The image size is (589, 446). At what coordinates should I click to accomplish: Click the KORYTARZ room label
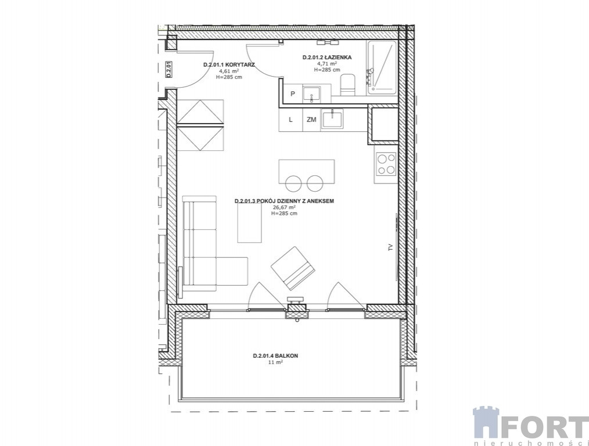point(229,64)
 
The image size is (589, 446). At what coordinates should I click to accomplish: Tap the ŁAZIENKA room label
point(327,57)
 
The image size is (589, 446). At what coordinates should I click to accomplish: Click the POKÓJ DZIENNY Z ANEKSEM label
point(284,201)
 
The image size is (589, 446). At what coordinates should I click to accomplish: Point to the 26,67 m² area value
point(284,207)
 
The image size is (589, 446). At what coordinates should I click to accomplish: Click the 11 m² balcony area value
point(275,362)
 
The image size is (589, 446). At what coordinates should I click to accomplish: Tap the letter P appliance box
point(293,93)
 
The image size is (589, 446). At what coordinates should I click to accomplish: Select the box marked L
point(290,120)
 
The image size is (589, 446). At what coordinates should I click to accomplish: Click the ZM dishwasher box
point(311,120)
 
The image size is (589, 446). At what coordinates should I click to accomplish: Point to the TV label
point(390,247)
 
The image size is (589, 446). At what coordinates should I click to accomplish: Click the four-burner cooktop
point(386,165)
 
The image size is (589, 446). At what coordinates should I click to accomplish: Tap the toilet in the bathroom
point(348,85)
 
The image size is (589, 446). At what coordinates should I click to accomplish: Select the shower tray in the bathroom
point(381,67)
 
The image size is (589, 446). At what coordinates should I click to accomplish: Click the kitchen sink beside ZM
point(332,119)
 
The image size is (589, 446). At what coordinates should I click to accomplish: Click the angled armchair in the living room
point(293,268)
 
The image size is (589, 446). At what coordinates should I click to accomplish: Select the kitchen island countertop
point(307,171)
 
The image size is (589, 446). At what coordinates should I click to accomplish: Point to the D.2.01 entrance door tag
point(169,70)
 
